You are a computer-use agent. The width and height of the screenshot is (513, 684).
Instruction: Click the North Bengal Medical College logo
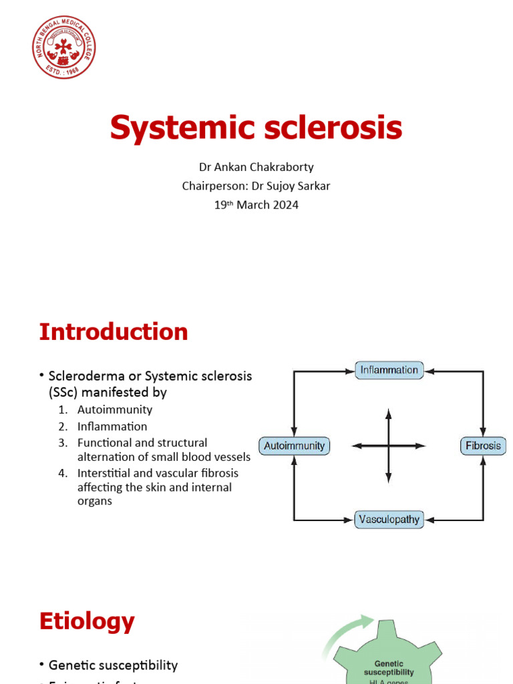pos(64,46)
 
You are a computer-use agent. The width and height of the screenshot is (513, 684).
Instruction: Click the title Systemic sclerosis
pos(256,128)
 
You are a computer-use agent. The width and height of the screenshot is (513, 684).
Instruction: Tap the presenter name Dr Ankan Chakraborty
pos(256,167)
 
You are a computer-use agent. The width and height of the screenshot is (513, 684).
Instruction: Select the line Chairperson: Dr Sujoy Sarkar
pos(256,186)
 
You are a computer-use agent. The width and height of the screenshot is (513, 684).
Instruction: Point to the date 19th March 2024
pos(256,205)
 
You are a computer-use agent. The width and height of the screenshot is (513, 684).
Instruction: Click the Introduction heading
pos(114,332)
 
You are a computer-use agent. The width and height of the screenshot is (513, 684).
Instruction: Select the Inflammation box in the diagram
pos(389,370)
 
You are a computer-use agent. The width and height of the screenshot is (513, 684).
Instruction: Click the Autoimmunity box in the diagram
pos(294,446)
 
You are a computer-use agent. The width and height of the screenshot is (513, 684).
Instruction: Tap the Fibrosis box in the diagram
pos(483,446)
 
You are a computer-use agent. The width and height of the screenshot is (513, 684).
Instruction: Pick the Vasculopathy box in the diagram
pos(389,519)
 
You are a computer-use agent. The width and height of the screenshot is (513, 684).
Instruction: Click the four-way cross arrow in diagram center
pos(389,446)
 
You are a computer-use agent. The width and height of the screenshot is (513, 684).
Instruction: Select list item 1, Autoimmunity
pos(114,409)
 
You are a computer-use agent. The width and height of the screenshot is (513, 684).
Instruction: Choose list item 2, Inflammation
pos(112,426)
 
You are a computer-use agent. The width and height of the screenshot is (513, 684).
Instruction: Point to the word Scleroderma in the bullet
pos(85,376)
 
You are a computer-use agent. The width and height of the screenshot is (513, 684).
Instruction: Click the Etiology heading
pos(87,621)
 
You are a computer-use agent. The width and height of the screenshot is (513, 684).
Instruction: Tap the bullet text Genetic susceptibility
pos(113,665)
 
